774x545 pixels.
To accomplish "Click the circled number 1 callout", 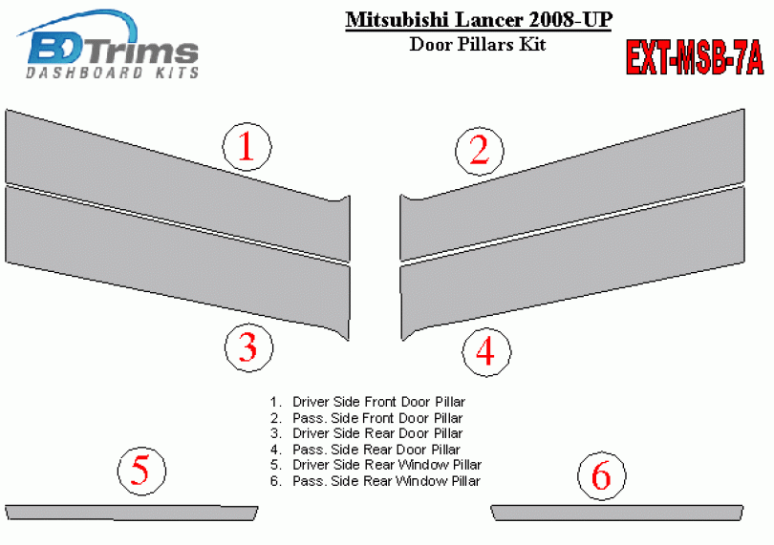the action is tap(247, 146).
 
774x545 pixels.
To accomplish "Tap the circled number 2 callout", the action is tap(480, 150).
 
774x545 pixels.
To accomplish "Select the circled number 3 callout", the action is tap(248, 347).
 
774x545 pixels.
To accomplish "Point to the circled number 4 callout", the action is tap(486, 351).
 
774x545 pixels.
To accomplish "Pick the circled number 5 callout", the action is tap(141, 471).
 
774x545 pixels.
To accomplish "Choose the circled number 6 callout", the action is tap(602, 475).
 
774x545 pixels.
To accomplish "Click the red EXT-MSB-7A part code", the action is tap(695, 57).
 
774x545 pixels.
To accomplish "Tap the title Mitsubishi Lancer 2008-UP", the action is tap(479, 20).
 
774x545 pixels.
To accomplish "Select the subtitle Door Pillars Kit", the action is tap(478, 45).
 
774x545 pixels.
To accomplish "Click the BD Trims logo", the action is tap(110, 45).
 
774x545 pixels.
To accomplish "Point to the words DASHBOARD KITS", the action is tap(113, 73).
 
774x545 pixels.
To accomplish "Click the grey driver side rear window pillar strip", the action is tap(131, 513).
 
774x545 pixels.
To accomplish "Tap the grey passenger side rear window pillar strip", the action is tap(617, 513).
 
